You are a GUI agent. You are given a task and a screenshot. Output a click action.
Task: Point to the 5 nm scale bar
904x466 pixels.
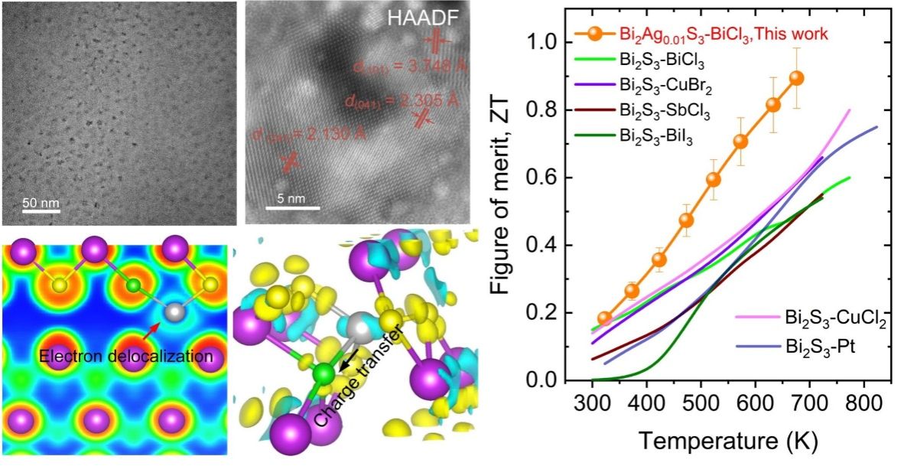pyautogui.click(x=286, y=209)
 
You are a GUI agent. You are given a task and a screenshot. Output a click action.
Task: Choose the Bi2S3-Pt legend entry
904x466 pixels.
pyautogui.click(x=814, y=347)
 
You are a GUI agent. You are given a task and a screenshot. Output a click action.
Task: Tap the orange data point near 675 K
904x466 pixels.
pyautogui.click(x=796, y=78)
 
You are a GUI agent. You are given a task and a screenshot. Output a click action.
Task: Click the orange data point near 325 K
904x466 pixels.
pyautogui.click(x=604, y=318)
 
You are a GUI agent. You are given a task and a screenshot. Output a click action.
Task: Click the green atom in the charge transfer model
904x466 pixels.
pyautogui.click(x=324, y=374)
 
